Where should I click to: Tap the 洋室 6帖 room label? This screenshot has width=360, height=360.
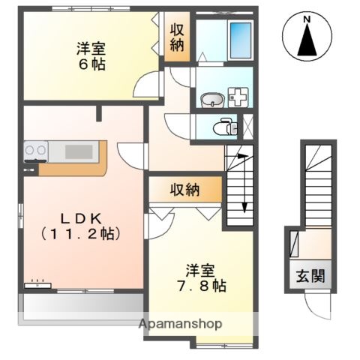[x=90, y=56]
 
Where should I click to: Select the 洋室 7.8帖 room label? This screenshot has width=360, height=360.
[x=202, y=277]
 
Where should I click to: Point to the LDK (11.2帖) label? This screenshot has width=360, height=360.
[x=79, y=225]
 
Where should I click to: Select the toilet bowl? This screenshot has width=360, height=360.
[x=223, y=127]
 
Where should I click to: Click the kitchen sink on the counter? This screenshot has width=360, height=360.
[x=78, y=151]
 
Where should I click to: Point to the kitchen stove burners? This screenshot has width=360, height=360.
[x=36, y=151]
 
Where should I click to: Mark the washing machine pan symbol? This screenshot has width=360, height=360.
[x=239, y=97]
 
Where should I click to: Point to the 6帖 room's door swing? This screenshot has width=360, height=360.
[x=148, y=84]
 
